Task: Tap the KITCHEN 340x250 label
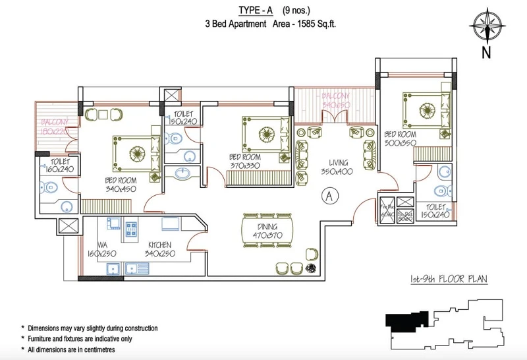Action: pyautogui.click(x=160, y=249)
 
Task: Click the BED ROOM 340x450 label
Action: pyautogui.click(x=121, y=185)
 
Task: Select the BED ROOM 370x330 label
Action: pyautogui.click(x=244, y=162)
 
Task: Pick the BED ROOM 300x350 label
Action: pyautogui.click(x=400, y=138)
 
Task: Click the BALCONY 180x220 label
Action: pyautogui.click(x=54, y=127)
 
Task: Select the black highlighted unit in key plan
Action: pyautogui.click(x=404, y=321)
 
